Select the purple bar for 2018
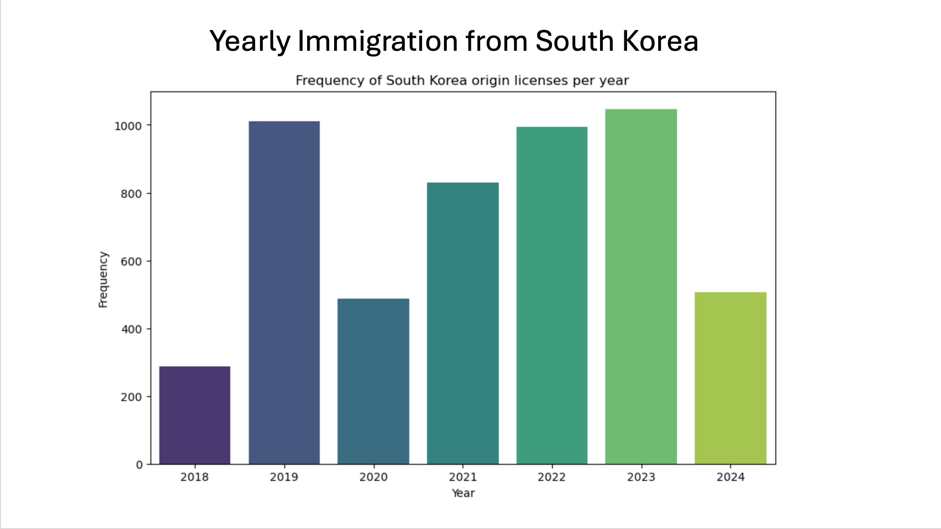195,415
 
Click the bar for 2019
284,293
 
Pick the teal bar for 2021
463,323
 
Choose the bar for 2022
552,296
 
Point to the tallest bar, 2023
641,286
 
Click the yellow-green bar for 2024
730,378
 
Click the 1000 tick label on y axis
128,126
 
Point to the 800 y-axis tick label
131,194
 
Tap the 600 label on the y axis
131,262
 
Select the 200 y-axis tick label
131,397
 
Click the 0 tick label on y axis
139,465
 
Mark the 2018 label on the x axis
195,477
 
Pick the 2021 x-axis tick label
463,477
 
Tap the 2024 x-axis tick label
730,477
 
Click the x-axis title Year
463,493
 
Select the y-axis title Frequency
103,280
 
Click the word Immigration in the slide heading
378,42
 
